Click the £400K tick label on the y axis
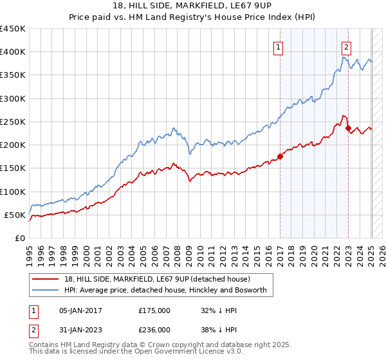pos(12,52)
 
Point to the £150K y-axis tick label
pos(12,168)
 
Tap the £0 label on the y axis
pos(20,239)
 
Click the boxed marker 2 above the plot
pos(347,46)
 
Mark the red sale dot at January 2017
pos(280,156)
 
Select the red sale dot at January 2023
pos(348,128)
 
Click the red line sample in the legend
pos(46,279)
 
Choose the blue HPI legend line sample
pos(46,291)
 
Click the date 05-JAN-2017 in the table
pos(80,310)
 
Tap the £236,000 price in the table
pos(154,329)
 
